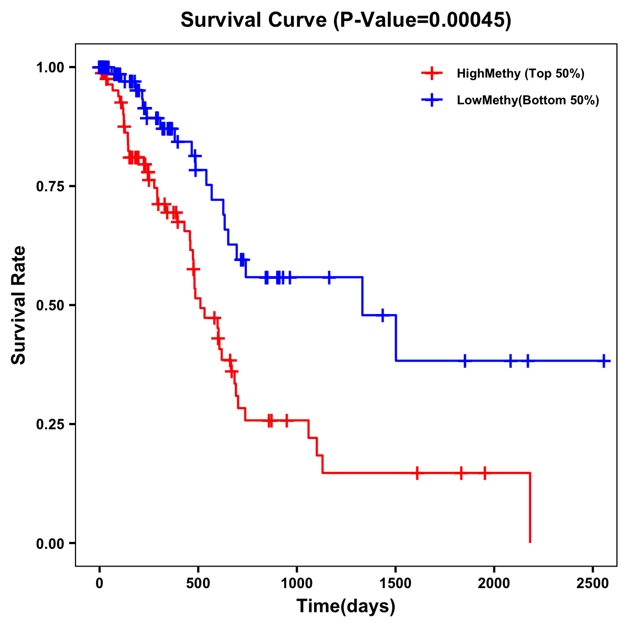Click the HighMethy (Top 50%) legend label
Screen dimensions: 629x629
pyautogui.click(x=520, y=73)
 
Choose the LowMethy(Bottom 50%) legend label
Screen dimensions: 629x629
pyautogui.click(x=528, y=101)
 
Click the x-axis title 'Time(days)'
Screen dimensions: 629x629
pyautogui.click(x=346, y=606)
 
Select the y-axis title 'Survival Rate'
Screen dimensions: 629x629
pyautogui.click(x=19, y=305)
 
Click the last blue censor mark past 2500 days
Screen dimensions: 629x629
pyautogui.click(x=604, y=361)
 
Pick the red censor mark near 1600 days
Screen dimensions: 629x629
pyautogui.click(x=417, y=473)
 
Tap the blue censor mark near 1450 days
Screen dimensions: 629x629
pyautogui.click(x=383, y=315)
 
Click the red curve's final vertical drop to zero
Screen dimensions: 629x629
pyautogui.click(x=530, y=508)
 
